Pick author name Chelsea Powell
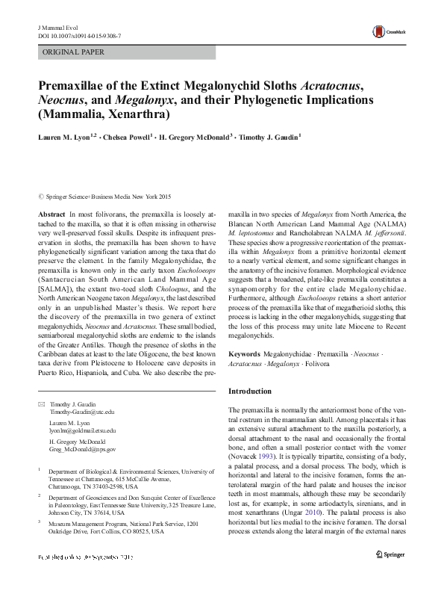pyautogui.click(x=128, y=137)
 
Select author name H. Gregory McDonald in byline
pyautogui.click(x=196, y=137)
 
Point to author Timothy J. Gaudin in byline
pyautogui.click(x=269, y=137)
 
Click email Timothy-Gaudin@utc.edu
pyautogui.click(x=82, y=412)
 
